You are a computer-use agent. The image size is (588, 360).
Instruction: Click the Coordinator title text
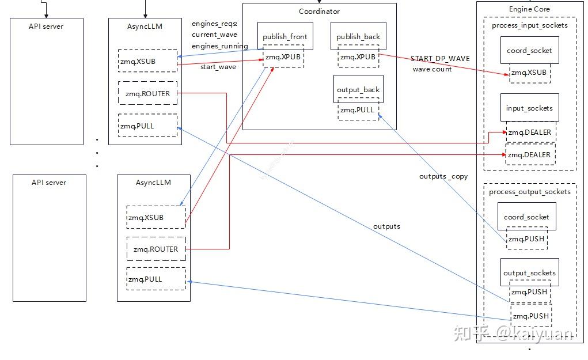coord(319,11)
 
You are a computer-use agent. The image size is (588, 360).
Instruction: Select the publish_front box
coord(284,36)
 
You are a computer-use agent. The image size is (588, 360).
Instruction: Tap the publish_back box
coord(358,36)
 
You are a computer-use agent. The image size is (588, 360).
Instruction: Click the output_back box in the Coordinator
coord(358,89)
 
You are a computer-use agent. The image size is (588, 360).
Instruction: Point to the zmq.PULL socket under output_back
coord(358,109)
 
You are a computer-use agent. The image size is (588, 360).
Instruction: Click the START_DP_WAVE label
coord(440,59)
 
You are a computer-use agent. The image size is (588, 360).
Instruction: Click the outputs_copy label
coord(443,176)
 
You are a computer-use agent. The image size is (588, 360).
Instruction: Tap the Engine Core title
coord(529,9)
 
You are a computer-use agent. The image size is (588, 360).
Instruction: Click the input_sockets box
coord(529,108)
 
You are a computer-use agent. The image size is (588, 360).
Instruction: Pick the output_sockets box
coord(529,272)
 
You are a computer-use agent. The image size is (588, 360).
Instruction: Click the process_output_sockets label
coord(529,192)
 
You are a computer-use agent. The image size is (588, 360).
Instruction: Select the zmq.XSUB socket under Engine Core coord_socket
coord(529,73)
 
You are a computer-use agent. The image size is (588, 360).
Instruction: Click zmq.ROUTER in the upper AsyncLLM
coord(147,93)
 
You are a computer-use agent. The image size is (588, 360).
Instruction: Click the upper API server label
coord(46,26)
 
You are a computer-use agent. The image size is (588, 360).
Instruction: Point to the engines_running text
coord(219,46)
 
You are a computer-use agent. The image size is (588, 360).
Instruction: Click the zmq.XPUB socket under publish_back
coord(358,57)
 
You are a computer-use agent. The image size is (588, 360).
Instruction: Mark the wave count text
coord(432,69)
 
